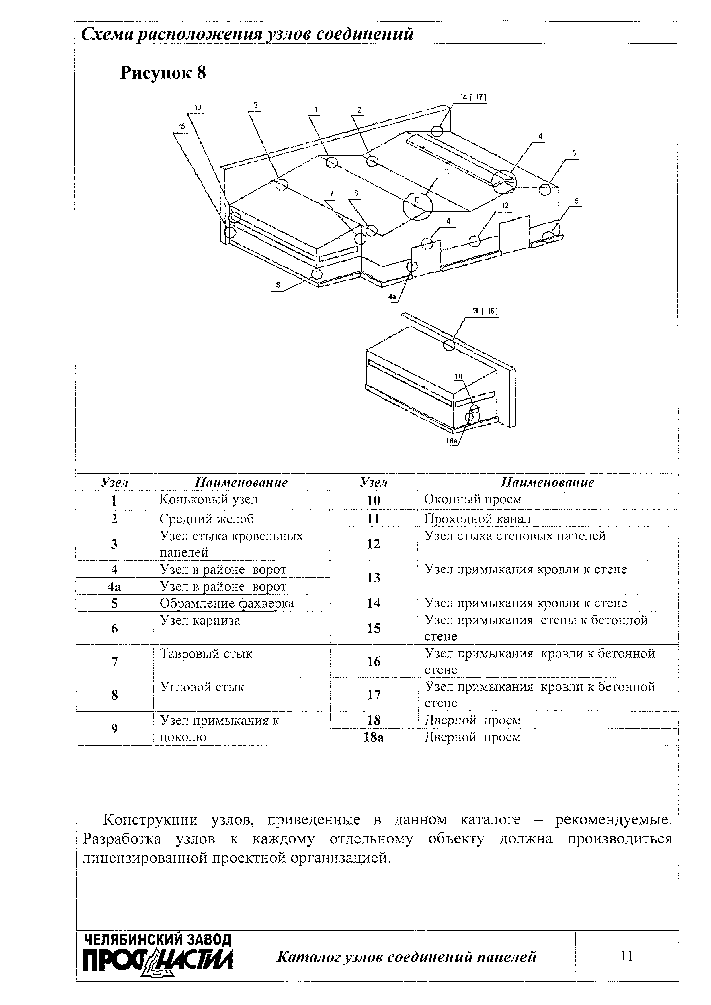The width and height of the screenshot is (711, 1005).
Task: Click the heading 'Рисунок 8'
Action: click(163, 73)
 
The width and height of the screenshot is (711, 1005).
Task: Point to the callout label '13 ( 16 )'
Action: click(485, 311)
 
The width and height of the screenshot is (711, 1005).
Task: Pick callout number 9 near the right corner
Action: click(577, 201)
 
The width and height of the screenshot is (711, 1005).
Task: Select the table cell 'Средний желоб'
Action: click(206, 519)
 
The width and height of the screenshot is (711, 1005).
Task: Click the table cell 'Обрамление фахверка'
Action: click(227, 603)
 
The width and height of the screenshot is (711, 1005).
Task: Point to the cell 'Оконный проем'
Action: click(473, 499)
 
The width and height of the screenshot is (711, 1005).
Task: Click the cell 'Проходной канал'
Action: click(477, 519)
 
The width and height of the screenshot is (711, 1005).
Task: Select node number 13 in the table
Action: click(373, 578)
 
